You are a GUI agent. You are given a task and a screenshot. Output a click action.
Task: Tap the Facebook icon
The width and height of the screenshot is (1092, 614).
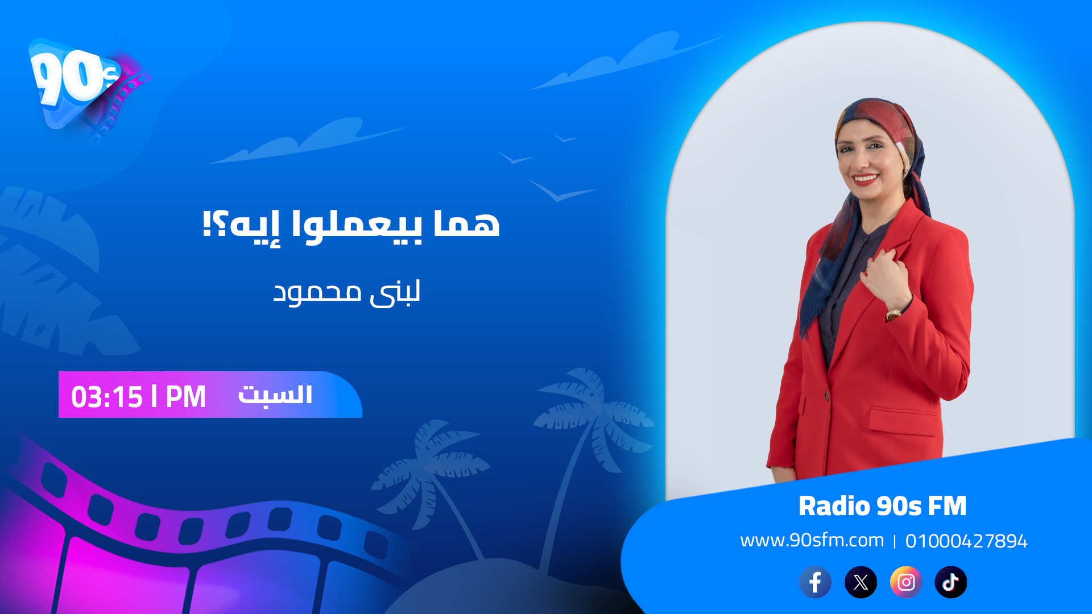point(815,582)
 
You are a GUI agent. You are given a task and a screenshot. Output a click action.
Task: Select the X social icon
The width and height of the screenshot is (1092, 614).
point(861,582)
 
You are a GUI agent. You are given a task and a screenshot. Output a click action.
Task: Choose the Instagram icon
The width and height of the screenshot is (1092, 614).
point(906,582)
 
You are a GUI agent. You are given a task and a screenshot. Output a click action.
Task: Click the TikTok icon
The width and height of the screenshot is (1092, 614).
point(951,582)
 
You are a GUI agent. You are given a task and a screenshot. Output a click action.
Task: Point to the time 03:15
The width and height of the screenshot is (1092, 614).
point(107,397)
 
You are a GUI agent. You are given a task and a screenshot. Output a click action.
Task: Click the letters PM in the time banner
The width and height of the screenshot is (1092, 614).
point(185,397)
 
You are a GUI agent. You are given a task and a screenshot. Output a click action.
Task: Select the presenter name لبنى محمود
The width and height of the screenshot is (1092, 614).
point(346,293)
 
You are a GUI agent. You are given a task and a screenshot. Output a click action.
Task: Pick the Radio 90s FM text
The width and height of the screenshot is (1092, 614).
point(882,506)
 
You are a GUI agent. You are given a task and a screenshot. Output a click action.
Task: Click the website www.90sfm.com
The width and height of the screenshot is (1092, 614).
point(812,540)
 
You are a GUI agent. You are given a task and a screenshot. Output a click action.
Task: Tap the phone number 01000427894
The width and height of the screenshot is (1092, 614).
point(966,541)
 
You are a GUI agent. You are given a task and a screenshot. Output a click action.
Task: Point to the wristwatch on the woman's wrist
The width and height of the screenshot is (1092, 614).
point(894,313)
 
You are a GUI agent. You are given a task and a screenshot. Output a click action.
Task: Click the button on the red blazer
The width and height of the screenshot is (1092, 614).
point(826,395)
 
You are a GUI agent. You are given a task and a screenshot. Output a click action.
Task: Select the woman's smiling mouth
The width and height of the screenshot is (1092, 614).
point(866,179)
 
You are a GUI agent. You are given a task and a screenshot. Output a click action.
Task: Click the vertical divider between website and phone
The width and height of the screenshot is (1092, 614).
point(895,541)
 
